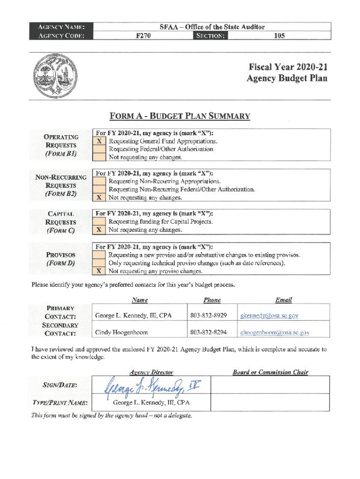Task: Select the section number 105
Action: point(279,35)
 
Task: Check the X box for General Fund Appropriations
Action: point(99,141)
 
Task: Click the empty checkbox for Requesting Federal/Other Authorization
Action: point(99,149)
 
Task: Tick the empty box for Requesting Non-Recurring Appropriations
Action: point(99,181)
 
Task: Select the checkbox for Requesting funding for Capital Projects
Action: point(99,221)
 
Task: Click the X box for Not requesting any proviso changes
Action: point(99,271)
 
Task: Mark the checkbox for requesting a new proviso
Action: point(99,255)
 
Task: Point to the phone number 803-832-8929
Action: point(209,316)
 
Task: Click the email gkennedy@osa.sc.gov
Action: point(269,316)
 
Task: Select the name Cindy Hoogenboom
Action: point(122,333)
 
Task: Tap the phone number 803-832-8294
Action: point(209,333)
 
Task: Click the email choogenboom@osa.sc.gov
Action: point(274,333)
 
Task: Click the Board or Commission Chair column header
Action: point(270,372)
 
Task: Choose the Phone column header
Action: point(212,300)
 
